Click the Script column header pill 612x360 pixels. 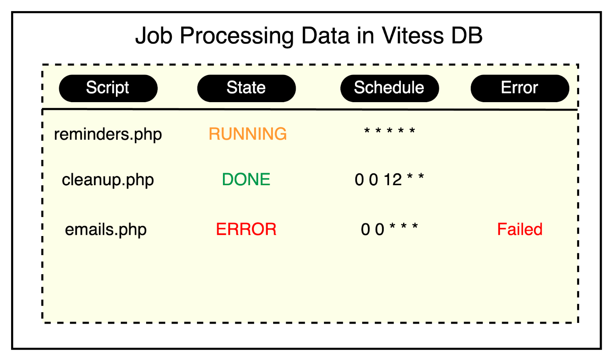point(108,88)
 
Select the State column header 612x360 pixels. point(246,88)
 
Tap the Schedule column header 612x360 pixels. point(390,88)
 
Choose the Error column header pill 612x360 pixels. point(520,88)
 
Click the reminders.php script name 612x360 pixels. point(108,135)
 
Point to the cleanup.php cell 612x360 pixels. point(108,180)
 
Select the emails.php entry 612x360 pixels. point(106,230)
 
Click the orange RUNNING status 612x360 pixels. point(247,134)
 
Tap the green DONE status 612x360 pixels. point(246,179)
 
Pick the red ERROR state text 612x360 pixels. point(246,229)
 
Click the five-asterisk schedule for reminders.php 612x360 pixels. point(390,131)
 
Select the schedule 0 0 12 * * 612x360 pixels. point(389,179)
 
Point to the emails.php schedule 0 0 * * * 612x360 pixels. point(389,229)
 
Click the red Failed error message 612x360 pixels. point(520,229)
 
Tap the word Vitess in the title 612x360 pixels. point(413,36)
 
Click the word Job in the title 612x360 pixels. point(154,36)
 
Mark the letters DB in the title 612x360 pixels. point(467,36)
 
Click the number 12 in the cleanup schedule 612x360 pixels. point(392,179)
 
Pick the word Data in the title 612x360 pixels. point(326,36)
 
